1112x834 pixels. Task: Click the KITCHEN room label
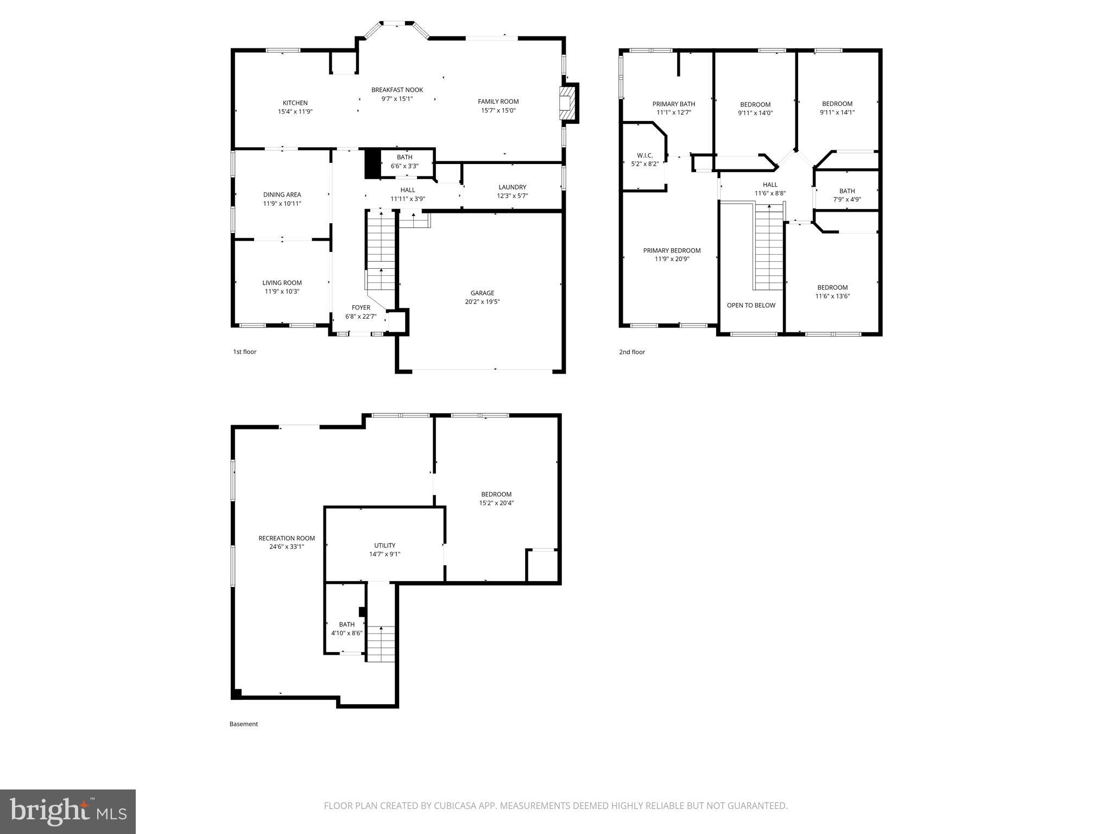[x=295, y=103]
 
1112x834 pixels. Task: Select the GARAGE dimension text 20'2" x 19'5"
[x=482, y=302]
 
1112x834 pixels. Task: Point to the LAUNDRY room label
[x=512, y=187]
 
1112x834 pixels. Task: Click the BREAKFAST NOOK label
[x=397, y=90]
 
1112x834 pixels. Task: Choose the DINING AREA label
[x=282, y=195]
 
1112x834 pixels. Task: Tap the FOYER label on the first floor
[x=361, y=308]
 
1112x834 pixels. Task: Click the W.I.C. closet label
[x=645, y=155]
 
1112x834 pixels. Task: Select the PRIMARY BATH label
[x=673, y=104]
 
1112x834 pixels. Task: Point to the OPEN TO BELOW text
[x=751, y=305]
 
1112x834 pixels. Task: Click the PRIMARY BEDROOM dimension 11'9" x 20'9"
[x=672, y=260]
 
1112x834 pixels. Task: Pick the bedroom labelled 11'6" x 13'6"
[x=832, y=292]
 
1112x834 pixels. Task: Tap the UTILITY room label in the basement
[x=384, y=546]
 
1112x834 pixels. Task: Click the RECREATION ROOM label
[x=286, y=539]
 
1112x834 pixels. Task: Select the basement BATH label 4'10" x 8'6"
[x=346, y=629]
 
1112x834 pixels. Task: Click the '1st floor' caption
[x=244, y=352]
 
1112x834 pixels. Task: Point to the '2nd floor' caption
[x=632, y=352]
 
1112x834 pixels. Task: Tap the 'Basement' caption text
[x=243, y=724]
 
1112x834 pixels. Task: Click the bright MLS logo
[x=68, y=811]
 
